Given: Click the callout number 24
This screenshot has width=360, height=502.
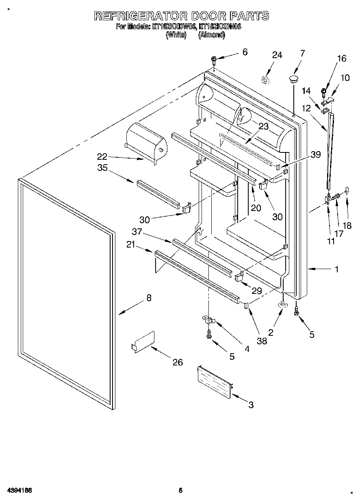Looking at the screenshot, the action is click(x=277, y=55).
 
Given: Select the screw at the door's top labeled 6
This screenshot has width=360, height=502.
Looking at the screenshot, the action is click(x=214, y=61).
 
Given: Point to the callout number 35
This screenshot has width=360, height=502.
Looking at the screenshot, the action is click(x=102, y=168).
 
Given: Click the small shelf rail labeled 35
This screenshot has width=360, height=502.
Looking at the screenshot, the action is click(x=158, y=194).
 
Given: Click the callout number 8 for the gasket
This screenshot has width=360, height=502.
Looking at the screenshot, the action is click(x=149, y=298).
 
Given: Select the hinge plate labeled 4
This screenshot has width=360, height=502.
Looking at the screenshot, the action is click(x=209, y=321).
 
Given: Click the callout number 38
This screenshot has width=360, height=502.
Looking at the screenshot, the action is click(x=262, y=341).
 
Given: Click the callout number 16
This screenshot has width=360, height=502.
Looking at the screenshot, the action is click(x=342, y=59).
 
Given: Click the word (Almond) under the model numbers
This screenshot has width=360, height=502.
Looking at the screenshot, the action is click(x=211, y=35).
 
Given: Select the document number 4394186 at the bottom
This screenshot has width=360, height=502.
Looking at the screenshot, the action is click(x=19, y=491).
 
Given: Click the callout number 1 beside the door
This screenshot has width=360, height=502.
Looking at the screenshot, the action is click(x=337, y=269).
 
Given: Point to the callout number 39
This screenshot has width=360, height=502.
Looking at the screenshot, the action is click(x=315, y=154).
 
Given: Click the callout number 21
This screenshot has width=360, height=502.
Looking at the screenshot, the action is click(x=130, y=245).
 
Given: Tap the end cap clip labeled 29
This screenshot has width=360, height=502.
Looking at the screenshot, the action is click(x=239, y=277).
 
